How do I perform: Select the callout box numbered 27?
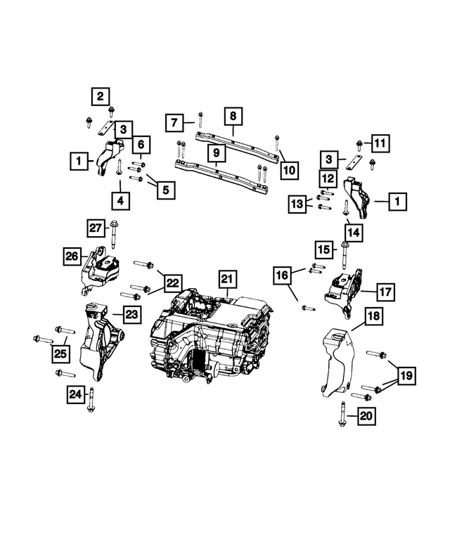[96, 228]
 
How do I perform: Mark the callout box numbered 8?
[233, 115]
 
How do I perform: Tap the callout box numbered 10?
[288, 169]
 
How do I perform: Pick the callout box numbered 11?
[380, 144]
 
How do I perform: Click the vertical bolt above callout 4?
[120, 169]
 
